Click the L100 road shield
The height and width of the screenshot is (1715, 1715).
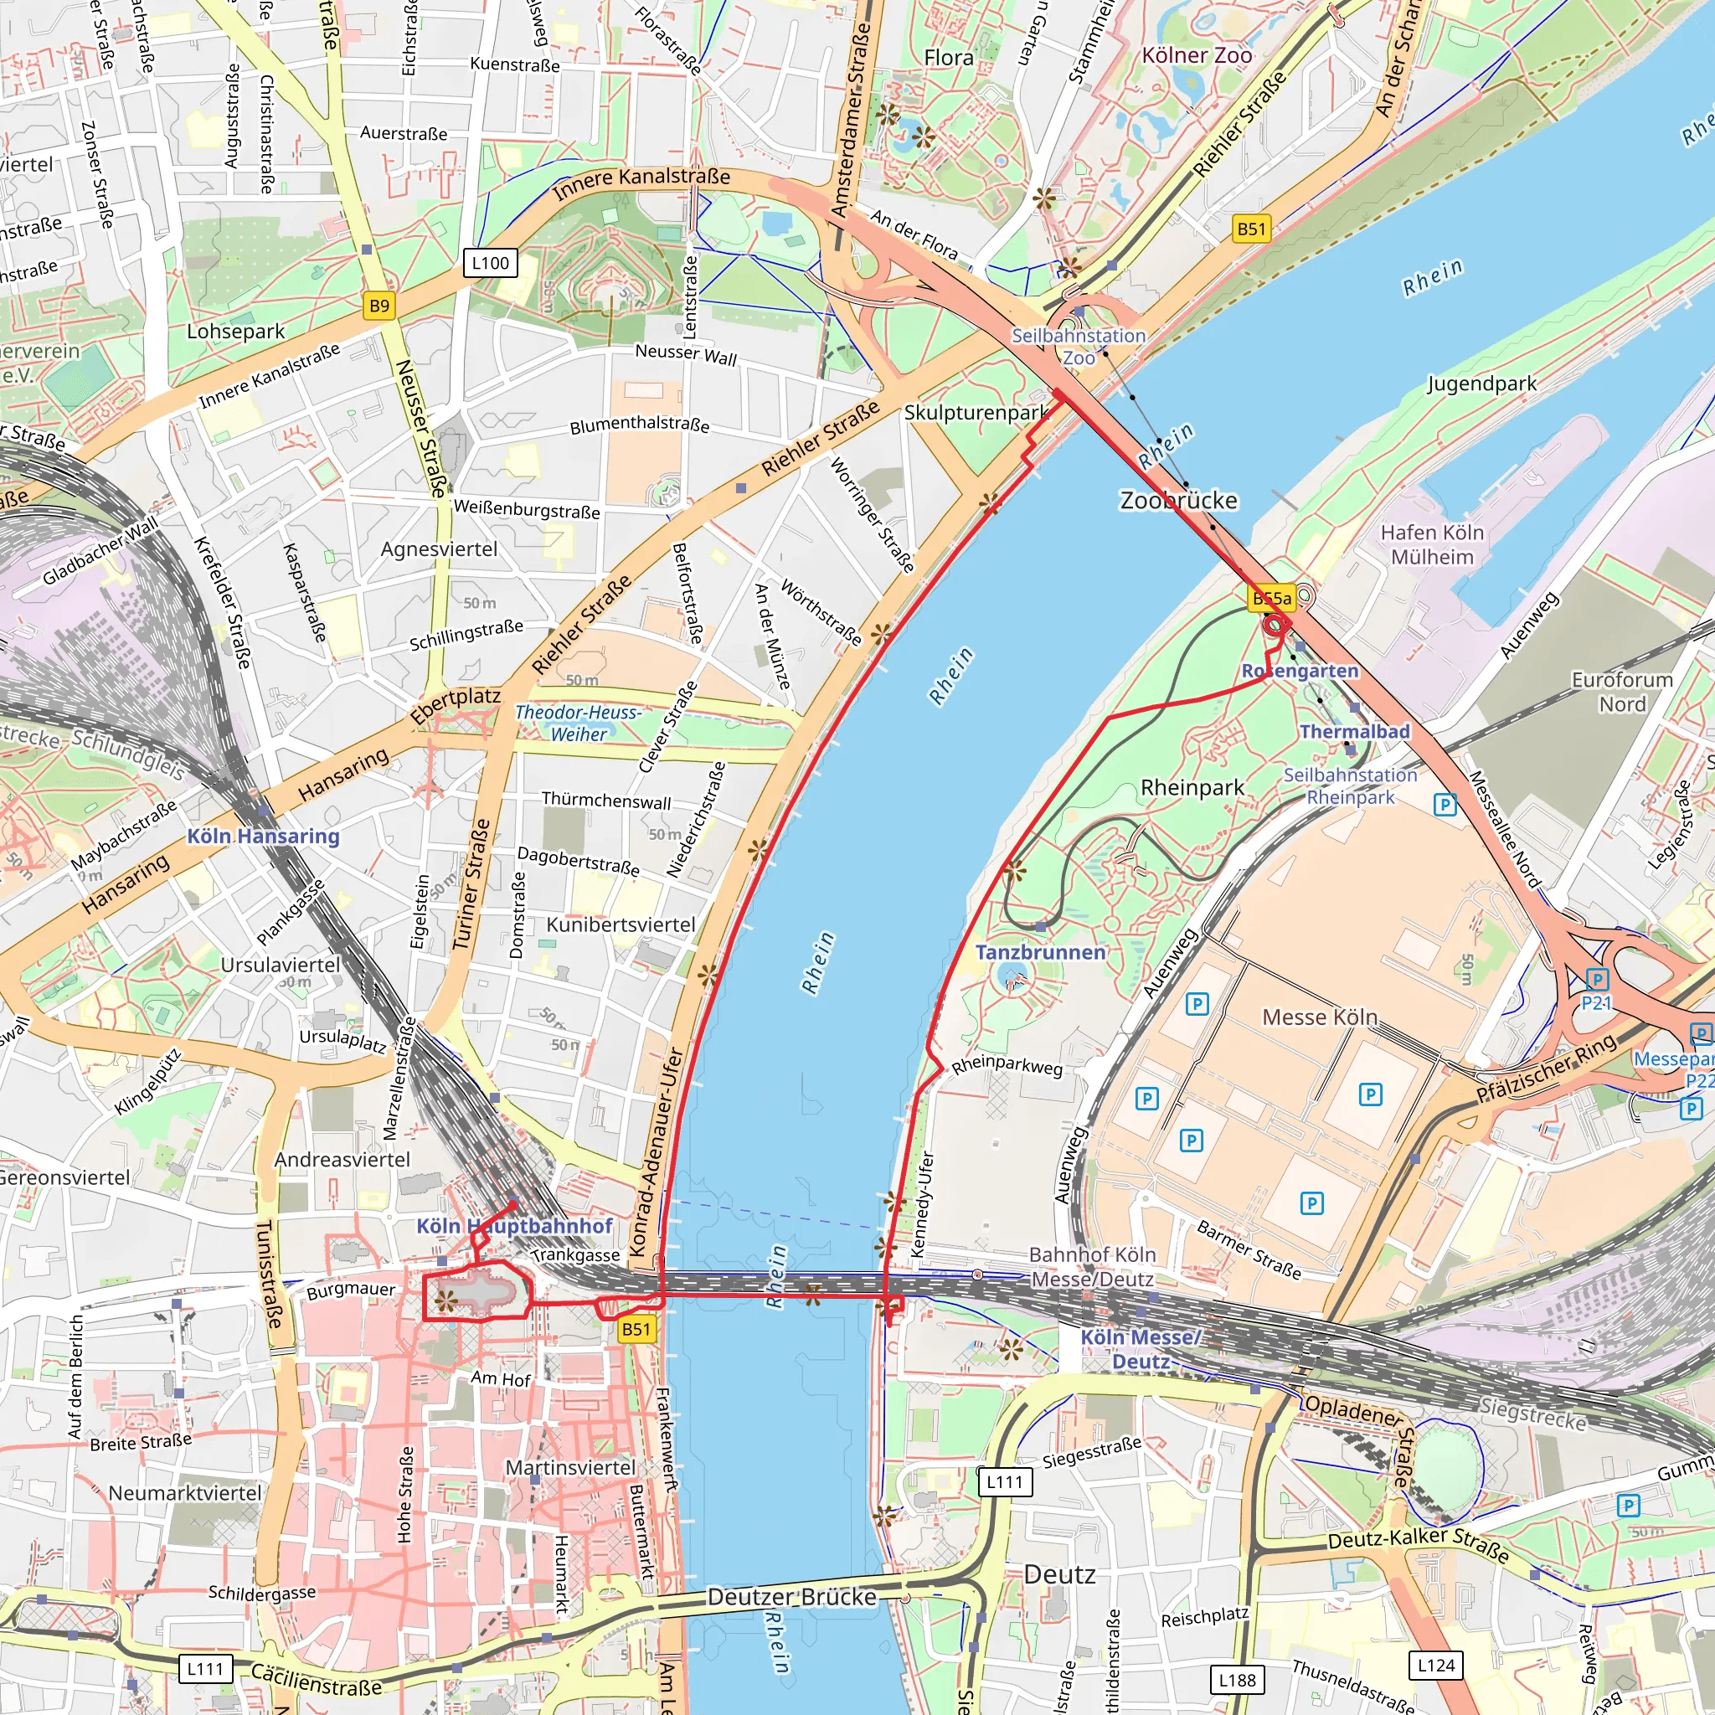pos(490,263)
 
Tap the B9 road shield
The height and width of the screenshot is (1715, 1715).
pos(379,306)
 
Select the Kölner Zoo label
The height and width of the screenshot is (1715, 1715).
pos(1197,55)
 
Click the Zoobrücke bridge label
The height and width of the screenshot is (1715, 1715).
pos(1178,501)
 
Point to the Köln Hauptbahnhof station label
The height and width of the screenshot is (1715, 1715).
pos(514,1226)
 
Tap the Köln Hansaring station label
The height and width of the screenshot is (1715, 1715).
pos(263,837)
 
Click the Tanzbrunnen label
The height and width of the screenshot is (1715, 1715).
pos(1040,952)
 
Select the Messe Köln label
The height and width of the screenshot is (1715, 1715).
pos(1319,1017)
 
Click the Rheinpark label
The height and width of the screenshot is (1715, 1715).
pos(1192,787)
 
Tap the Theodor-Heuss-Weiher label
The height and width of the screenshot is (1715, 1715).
pos(578,724)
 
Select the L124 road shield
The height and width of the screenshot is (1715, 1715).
pos(1435,1666)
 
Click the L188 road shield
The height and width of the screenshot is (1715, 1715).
pos(1237,1681)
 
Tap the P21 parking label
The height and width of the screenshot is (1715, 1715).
pos(1595,1003)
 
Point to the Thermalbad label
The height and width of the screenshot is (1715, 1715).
pos(1355,731)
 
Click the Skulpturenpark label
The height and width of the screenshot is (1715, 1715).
pos(976,413)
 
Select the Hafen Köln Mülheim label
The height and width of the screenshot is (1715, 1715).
pos(1432,544)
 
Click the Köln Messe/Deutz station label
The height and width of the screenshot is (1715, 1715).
pos(1141,1349)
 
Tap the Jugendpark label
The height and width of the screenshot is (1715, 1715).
pos(1481,384)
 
